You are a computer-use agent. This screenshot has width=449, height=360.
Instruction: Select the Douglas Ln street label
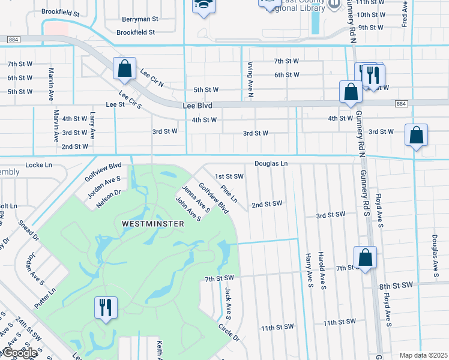(271, 163)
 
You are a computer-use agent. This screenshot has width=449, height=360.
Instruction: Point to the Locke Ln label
(39, 164)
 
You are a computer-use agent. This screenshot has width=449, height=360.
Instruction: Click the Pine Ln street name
(229, 193)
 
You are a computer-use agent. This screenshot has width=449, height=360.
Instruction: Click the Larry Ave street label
(92, 125)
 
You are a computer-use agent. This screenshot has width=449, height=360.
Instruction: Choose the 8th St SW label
(397, 285)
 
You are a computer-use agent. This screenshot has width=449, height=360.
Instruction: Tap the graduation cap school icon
(203, 5)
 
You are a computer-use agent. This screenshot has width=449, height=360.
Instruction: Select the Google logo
(20, 353)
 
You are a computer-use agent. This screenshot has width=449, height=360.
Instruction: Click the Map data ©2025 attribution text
(423, 355)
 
